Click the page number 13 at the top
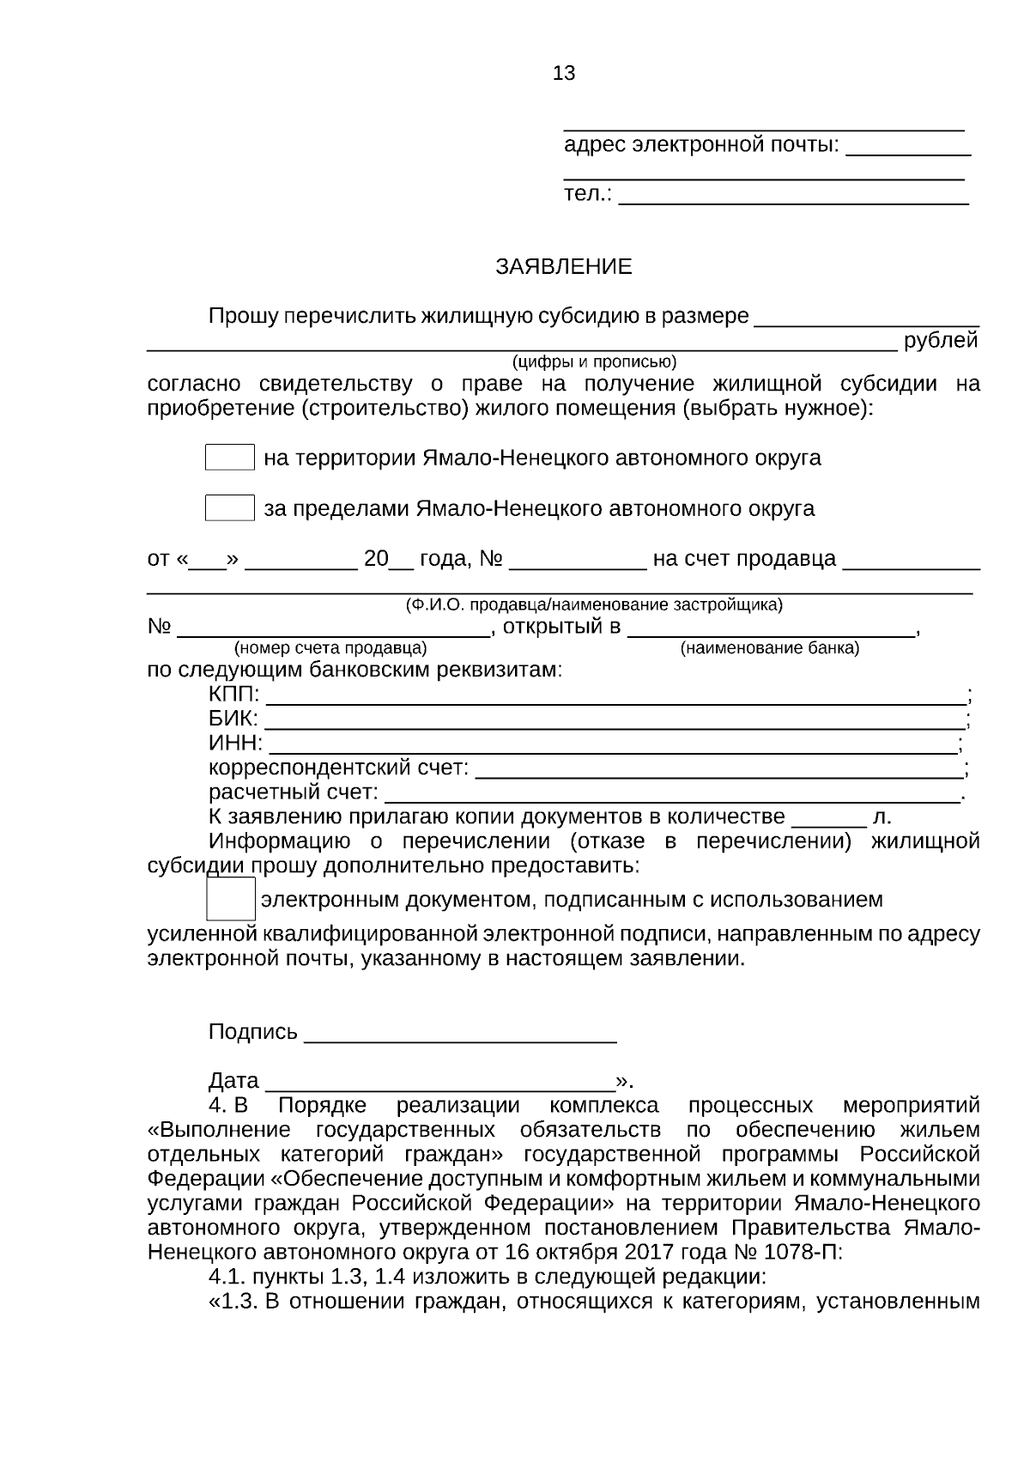(564, 74)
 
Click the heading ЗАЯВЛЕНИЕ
(563, 267)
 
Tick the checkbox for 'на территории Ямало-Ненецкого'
(230, 458)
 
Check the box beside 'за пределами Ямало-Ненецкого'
(230, 508)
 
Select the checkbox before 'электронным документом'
(231, 899)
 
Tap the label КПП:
(233, 695)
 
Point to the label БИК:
(233, 719)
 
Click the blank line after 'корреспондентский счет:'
(719, 769)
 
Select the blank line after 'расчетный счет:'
(671, 794)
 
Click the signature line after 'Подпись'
(460, 1035)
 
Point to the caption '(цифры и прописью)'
(594, 361)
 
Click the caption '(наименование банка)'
(769, 648)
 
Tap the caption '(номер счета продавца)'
(330, 648)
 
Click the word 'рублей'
(941, 341)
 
